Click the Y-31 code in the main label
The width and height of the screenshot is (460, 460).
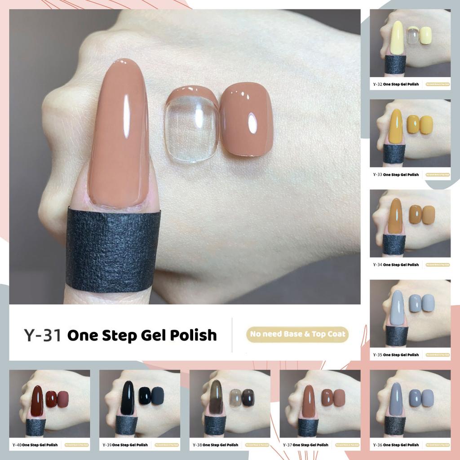point(43,335)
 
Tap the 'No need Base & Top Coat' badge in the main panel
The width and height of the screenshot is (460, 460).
point(297,334)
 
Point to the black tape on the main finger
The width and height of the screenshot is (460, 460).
point(113,249)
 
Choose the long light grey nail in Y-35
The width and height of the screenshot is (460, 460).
point(397,308)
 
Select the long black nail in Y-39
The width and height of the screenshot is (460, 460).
point(128,398)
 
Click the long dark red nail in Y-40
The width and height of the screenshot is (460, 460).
point(38,401)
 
